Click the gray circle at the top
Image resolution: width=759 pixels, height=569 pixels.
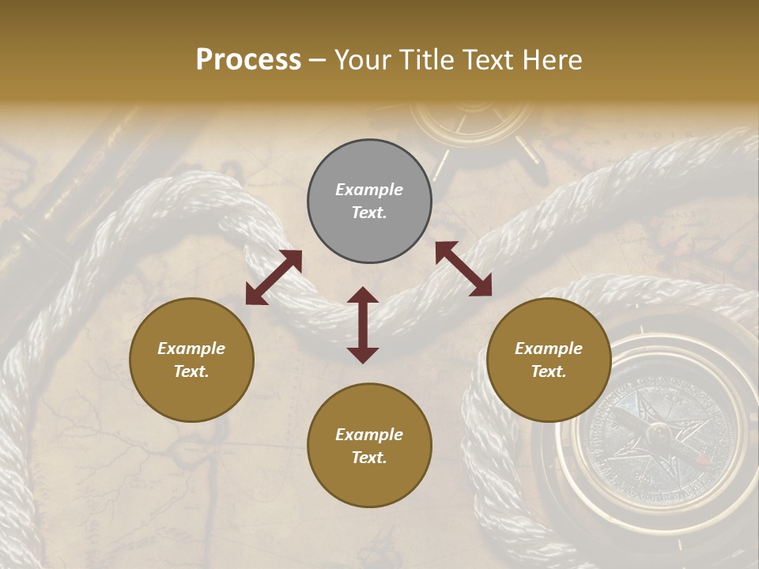point(369,202)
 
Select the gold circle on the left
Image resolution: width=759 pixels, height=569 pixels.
point(191,360)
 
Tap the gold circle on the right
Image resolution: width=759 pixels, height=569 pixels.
point(549,360)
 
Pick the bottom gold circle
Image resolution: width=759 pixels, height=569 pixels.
point(369,446)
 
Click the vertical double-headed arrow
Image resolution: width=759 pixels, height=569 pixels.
point(363,325)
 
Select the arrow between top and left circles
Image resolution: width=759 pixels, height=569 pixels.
point(274,277)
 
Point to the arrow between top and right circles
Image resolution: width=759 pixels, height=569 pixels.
point(463,269)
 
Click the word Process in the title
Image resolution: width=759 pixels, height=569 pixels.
point(248,60)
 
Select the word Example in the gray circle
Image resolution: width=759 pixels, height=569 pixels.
point(369,190)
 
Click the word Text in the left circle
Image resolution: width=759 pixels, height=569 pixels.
point(191,371)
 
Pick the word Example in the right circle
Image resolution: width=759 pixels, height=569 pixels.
point(549,349)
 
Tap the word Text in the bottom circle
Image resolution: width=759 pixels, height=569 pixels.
point(369,458)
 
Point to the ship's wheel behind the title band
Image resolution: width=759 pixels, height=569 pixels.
point(473,126)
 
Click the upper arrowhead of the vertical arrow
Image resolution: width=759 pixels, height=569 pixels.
point(363,295)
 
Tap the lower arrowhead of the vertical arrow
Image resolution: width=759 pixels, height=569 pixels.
point(363,355)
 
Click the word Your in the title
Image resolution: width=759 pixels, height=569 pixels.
point(360,60)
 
